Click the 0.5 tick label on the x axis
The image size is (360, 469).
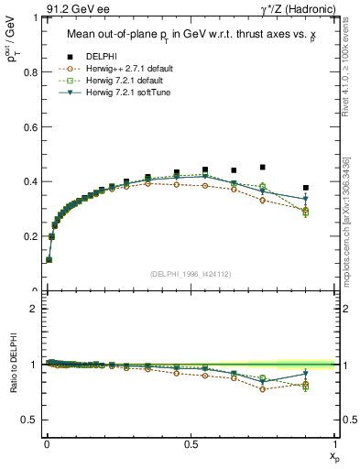coord(191,443)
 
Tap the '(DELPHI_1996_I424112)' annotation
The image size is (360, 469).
coord(191,272)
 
